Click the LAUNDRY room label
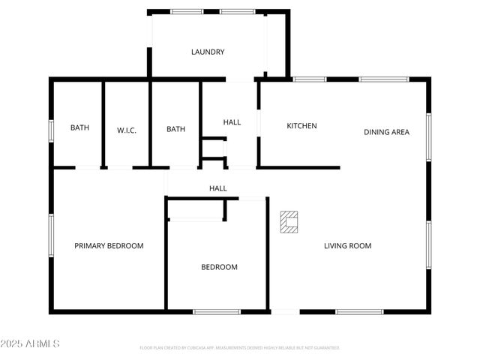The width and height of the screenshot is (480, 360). [x=208, y=52]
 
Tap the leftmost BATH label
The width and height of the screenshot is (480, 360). [x=79, y=128]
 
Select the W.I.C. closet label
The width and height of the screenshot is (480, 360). [x=126, y=130]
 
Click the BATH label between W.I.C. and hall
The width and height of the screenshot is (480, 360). [x=175, y=129]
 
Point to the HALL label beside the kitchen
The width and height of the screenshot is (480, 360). [x=232, y=121]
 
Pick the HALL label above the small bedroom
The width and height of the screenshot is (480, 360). [x=217, y=188]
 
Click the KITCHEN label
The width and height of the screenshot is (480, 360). [x=301, y=126]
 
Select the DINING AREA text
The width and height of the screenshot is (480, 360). [x=386, y=132]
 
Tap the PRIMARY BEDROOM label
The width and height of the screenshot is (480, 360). [x=109, y=246]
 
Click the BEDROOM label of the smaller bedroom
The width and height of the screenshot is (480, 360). [x=219, y=267]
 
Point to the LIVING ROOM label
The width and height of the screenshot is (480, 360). [x=347, y=246]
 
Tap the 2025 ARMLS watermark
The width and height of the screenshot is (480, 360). [x=30, y=343]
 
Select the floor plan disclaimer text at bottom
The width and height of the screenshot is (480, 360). [x=239, y=348]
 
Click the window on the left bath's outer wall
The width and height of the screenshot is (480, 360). [x=51, y=130]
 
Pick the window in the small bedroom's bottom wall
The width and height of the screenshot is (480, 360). [x=217, y=311]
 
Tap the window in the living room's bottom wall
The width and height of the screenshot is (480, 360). [x=359, y=311]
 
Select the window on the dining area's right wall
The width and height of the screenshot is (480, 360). [x=429, y=136]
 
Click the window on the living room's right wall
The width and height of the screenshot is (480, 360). [x=429, y=244]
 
